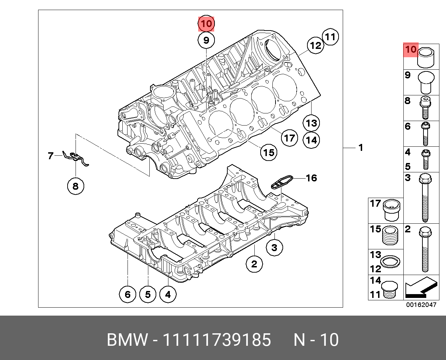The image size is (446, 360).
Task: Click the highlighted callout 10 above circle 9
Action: click(x=206, y=24)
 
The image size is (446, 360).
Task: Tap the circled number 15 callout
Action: click(x=269, y=152)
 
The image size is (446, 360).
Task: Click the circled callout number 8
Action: click(x=75, y=186)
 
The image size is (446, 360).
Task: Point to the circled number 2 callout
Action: click(x=254, y=264)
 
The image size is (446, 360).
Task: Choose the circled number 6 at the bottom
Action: click(x=128, y=294)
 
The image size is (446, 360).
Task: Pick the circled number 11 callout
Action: click(x=330, y=37)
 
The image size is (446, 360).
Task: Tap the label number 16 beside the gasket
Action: click(x=312, y=178)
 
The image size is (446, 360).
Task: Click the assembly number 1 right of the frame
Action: click(x=361, y=148)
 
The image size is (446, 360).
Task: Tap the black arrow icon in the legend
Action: click(x=420, y=288)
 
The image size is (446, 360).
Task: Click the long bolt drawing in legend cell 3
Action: click(x=425, y=198)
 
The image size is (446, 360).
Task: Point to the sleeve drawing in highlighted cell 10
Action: click(x=426, y=58)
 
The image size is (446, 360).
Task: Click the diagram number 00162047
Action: click(x=421, y=305)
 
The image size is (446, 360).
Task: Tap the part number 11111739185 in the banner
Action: click(x=217, y=340)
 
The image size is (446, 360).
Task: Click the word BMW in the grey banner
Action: click(x=127, y=340)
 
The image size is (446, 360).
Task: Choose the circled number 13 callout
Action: click(x=311, y=123)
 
